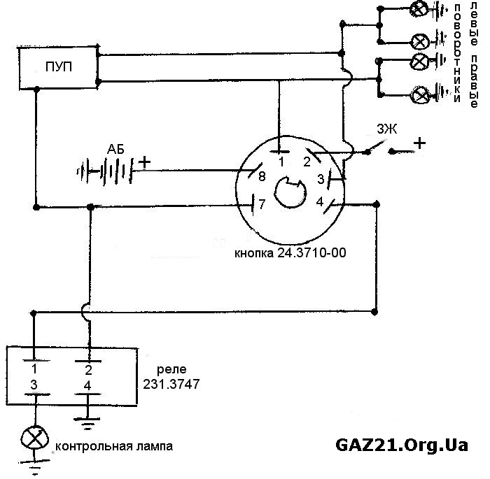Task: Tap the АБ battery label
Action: (117, 149)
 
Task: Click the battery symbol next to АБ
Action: (105, 169)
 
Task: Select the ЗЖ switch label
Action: (386, 129)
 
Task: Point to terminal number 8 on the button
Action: (262, 176)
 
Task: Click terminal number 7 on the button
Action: (262, 204)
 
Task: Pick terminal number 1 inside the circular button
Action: (281, 162)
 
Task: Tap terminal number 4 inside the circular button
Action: (318, 202)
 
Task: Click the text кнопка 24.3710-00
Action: (290, 253)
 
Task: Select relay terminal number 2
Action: (88, 369)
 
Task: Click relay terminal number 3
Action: (33, 384)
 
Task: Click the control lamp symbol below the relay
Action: (32, 438)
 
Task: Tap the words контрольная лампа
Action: (113, 445)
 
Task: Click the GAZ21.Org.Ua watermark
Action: (401, 445)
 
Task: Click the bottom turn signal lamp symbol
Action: (421, 93)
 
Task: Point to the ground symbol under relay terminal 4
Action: (88, 422)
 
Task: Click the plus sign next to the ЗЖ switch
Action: (420, 143)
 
